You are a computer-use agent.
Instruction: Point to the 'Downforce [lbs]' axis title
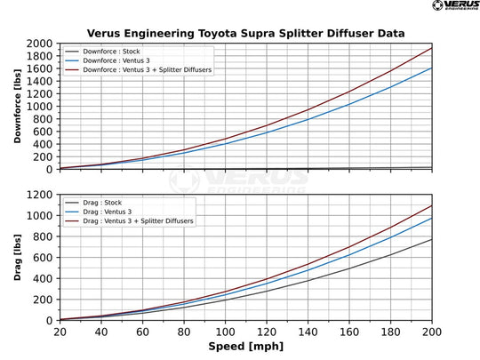pyautogui.click(x=18, y=106)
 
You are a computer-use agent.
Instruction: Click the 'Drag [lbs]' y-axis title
pyautogui.click(x=18, y=257)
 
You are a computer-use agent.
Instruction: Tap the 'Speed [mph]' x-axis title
pyautogui.click(x=245, y=345)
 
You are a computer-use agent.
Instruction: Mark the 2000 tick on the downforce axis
pyautogui.click(x=42, y=44)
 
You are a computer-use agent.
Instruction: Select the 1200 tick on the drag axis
pyautogui.click(x=42, y=195)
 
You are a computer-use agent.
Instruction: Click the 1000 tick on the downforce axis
pyautogui.click(x=42, y=106)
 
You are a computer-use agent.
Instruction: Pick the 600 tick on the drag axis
pyautogui.click(x=44, y=257)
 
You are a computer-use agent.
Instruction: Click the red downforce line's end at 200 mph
pyautogui.click(x=431, y=48)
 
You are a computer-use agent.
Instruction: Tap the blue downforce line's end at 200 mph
pyautogui.click(x=431, y=68)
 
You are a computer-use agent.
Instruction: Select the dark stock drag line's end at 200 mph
pyautogui.click(x=431, y=239)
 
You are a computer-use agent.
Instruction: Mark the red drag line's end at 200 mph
pyautogui.click(x=431, y=206)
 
